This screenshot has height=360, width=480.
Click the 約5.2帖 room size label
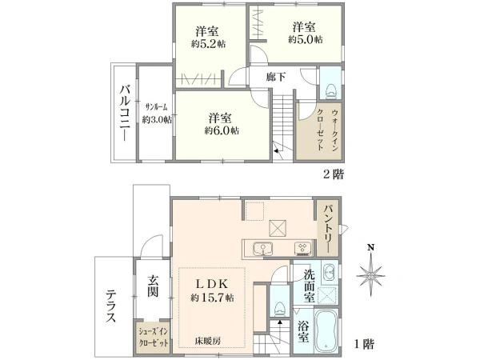209,44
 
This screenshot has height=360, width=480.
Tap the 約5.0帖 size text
306,40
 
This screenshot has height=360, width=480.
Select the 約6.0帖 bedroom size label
222,130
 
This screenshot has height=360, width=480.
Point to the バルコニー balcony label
126,113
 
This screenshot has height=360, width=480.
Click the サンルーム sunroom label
157,107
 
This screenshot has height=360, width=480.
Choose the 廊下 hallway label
275,77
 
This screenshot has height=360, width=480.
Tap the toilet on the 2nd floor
330,91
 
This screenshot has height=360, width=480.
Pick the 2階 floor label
334,174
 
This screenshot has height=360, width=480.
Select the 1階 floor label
364,344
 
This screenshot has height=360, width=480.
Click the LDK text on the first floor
212,284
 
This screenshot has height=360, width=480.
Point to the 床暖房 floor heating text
208,341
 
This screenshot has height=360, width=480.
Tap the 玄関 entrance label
153,286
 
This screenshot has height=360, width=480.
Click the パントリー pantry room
327,228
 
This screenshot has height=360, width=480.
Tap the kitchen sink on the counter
263,249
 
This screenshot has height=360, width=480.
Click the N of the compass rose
371,247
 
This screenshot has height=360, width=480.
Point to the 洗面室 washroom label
310,286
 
